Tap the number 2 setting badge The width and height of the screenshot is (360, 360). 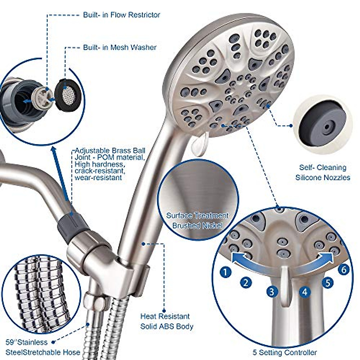(x=246, y=282)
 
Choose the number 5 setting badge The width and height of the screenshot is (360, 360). (x=328, y=282)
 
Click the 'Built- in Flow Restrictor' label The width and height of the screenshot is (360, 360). (x=121, y=15)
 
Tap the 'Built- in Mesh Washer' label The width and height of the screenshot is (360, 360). (x=120, y=47)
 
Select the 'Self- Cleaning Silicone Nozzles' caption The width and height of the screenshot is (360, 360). (x=322, y=172)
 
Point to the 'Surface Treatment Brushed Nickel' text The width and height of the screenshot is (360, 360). (x=198, y=220)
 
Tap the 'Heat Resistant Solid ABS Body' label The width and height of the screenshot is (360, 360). (x=166, y=321)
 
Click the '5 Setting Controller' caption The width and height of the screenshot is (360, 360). (x=284, y=352)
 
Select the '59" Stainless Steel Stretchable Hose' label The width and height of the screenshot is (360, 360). (x=42, y=347)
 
